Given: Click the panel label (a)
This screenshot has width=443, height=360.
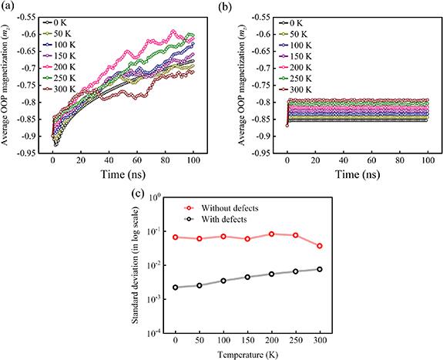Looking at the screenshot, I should (10, 8).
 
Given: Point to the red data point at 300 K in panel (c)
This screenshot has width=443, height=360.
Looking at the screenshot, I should (319, 246).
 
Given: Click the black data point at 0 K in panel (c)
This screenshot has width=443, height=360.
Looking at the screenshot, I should (176, 288).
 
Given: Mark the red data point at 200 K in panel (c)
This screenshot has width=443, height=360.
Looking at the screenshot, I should (271, 234).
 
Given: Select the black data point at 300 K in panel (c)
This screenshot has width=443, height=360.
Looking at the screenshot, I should (319, 269).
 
